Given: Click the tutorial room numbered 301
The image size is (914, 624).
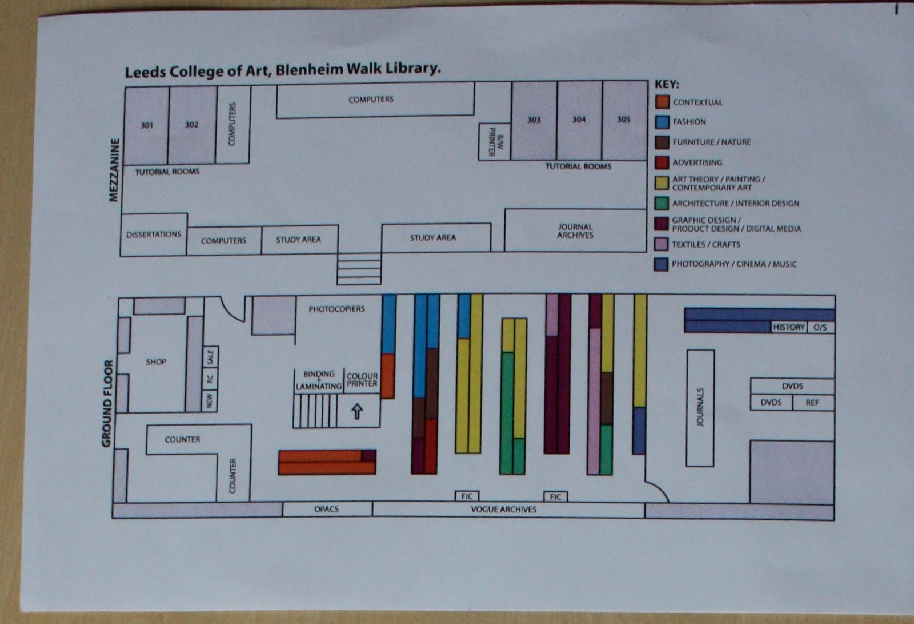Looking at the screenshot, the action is click(x=147, y=125).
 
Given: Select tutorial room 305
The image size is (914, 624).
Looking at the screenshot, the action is click(x=623, y=120).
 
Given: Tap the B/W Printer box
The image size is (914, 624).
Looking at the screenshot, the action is click(x=494, y=141).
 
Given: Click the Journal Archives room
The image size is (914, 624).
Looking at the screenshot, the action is click(x=575, y=230).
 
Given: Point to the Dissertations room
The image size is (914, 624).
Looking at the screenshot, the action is click(x=154, y=234).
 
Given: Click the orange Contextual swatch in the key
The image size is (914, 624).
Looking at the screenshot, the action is click(x=662, y=102).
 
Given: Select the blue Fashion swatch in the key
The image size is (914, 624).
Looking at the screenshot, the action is click(x=662, y=122).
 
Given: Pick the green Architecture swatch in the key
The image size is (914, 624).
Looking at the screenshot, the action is click(x=662, y=203).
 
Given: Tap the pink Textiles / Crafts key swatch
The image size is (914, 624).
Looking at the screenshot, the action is click(x=662, y=244).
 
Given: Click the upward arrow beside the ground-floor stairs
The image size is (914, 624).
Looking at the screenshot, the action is click(x=357, y=411).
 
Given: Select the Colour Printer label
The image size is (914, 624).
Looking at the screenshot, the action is click(x=362, y=380).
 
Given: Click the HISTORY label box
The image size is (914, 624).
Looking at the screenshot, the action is click(x=788, y=327).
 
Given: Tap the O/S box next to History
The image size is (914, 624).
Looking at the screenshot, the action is click(x=820, y=327).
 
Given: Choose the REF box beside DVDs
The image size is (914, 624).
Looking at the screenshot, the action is click(x=812, y=403).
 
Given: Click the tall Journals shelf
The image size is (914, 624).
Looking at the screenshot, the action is click(x=700, y=407).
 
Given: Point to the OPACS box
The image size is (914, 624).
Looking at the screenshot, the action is click(x=327, y=509).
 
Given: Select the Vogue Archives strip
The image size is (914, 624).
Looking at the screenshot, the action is click(x=504, y=509).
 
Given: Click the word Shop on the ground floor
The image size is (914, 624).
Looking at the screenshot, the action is click(x=156, y=361).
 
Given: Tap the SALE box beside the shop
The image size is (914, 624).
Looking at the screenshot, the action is click(x=210, y=357).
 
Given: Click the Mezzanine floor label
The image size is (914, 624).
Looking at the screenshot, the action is click(x=115, y=170).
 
